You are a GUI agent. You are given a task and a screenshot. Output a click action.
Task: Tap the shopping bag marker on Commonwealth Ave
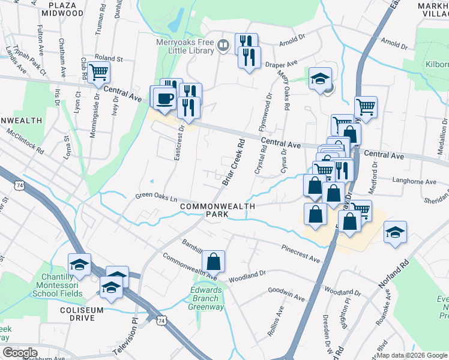coord(213,262)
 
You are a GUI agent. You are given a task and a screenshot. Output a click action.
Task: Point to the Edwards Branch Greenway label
coord(207,298)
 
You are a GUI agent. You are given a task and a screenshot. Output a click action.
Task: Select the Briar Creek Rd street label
coord(235,161)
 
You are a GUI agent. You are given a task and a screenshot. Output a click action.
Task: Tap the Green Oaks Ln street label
coord(157,196)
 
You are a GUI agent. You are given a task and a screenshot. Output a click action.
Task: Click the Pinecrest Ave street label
coord(300,253)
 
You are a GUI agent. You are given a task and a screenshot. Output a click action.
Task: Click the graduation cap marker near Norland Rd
coord(395,233)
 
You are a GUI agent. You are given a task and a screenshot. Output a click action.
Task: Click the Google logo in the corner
coord(20,352)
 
